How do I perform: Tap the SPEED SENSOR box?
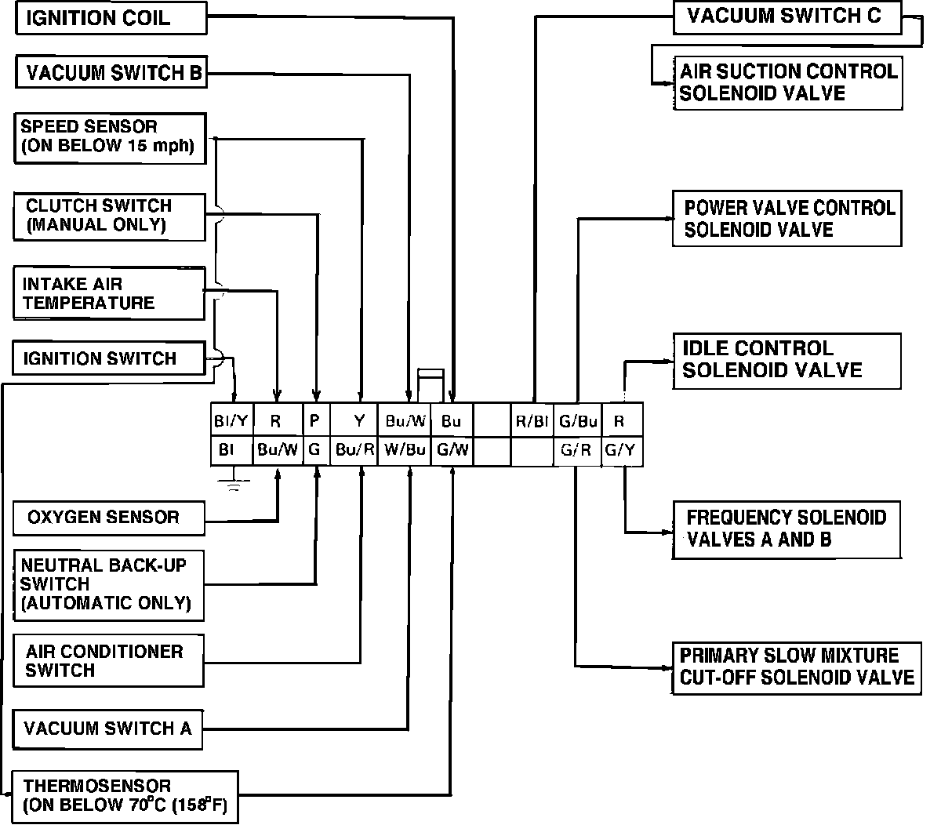(x=110, y=138)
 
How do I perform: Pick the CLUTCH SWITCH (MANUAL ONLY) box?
(x=110, y=216)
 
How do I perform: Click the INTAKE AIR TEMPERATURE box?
(x=109, y=293)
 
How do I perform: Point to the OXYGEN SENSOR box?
(x=109, y=518)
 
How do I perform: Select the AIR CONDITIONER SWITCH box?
(x=109, y=660)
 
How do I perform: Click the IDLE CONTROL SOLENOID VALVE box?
(x=787, y=360)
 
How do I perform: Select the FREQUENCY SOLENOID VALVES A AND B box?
(x=787, y=529)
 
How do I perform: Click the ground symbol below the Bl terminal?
(x=233, y=484)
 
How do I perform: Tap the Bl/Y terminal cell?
(x=231, y=421)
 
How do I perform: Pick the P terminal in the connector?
(x=315, y=421)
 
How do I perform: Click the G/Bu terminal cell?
(x=577, y=421)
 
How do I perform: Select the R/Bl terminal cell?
(x=532, y=421)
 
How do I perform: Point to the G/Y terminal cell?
(x=622, y=451)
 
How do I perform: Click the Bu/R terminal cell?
(x=354, y=451)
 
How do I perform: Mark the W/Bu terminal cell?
(x=405, y=451)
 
